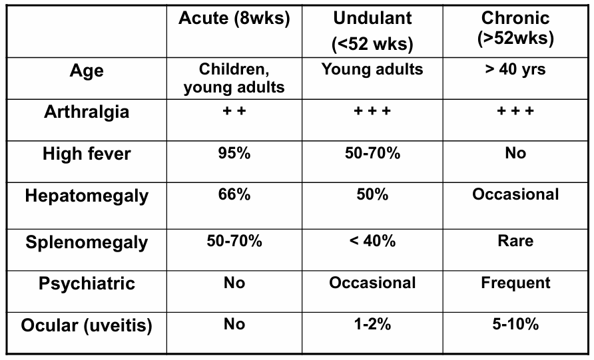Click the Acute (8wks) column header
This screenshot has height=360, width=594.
click(234, 19)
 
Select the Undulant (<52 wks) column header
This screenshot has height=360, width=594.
click(372, 31)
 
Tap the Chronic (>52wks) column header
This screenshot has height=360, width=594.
click(515, 29)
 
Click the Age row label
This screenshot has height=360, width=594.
click(87, 71)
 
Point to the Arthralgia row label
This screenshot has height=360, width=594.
click(87, 112)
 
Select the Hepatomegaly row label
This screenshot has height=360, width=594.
click(87, 197)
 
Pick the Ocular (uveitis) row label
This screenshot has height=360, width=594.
click(87, 326)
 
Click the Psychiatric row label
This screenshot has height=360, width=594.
click(87, 283)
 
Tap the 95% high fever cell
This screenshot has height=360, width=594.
click(234, 154)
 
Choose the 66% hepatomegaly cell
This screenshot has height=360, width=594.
click(234, 196)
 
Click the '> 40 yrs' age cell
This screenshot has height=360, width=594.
click(515, 69)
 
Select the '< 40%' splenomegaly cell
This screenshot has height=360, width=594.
click(372, 240)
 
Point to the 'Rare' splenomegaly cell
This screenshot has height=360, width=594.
click(515, 240)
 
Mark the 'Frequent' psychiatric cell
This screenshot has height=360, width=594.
click(515, 283)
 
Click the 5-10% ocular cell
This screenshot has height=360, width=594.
click(515, 325)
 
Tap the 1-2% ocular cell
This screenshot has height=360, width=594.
click(372, 325)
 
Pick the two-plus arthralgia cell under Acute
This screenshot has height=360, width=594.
click(234, 111)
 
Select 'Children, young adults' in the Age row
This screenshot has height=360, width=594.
click(234, 78)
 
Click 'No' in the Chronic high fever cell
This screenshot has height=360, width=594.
click(515, 154)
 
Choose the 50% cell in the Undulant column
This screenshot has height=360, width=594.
click(372, 196)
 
